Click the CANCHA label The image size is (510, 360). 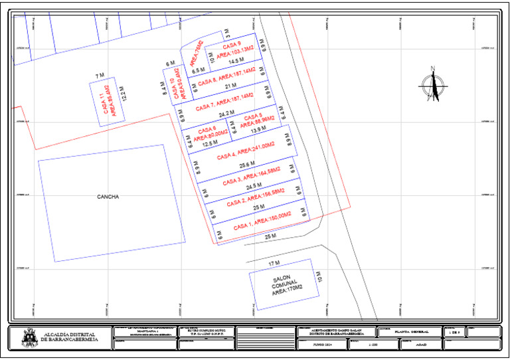point(108,197)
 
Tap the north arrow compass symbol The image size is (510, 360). point(434,84)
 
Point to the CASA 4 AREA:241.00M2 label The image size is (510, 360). point(246,150)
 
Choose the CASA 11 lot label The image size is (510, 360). point(106,102)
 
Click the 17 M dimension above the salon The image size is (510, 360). point(274,264)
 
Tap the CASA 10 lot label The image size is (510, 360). point(179,89)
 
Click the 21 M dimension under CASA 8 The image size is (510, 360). point(230,87)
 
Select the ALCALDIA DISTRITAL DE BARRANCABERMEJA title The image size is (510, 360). point(69,337)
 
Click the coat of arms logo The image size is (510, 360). point(30,337)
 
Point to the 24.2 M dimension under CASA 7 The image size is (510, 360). point(226,114)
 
